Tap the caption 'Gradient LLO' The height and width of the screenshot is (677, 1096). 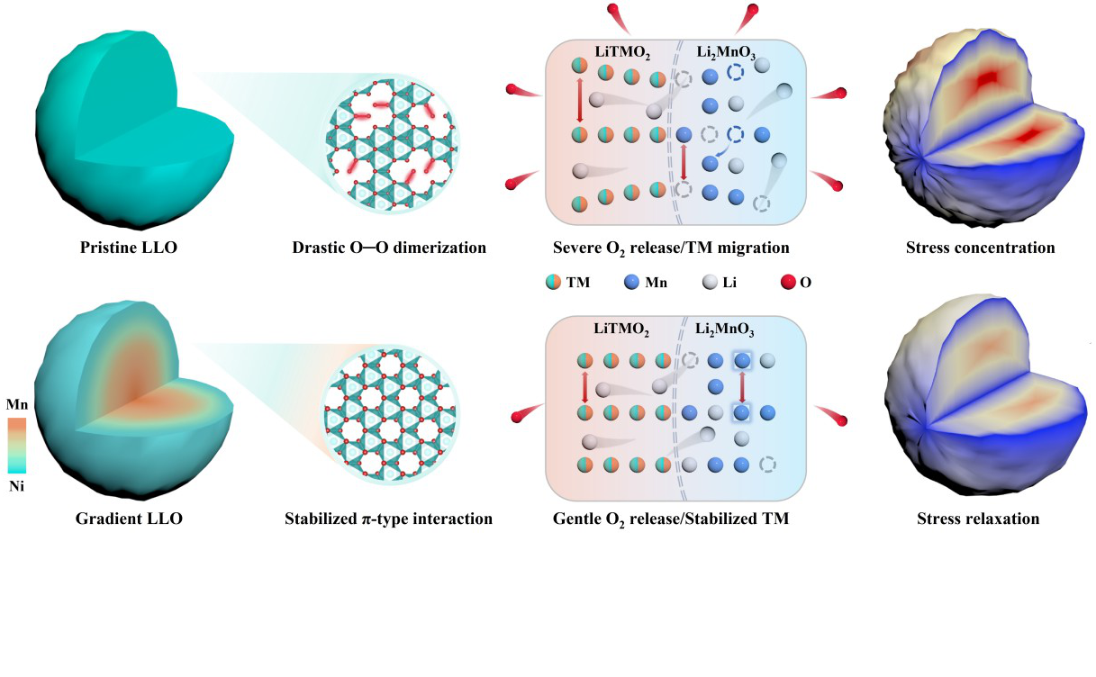[130, 519]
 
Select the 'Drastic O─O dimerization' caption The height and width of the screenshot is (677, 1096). [389, 247]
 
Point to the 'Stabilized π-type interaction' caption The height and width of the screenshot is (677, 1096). [388, 519]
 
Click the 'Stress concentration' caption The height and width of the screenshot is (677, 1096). [980, 247]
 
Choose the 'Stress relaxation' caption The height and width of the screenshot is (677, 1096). [978, 519]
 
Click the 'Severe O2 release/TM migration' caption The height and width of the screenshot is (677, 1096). [671, 247]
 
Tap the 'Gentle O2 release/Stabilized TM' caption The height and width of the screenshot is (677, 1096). [671, 519]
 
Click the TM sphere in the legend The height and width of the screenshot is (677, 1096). [552, 283]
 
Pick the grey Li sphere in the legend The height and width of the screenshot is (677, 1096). [709, 283]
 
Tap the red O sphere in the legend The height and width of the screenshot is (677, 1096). [788, 283]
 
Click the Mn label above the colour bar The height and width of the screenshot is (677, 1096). [17, 405]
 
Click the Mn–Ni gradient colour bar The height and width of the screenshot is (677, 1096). [17, 445]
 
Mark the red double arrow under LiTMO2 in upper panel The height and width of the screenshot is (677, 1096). [580, 100]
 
